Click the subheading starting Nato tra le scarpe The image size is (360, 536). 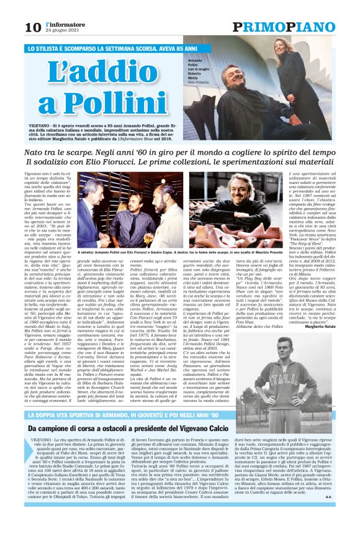180,153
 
